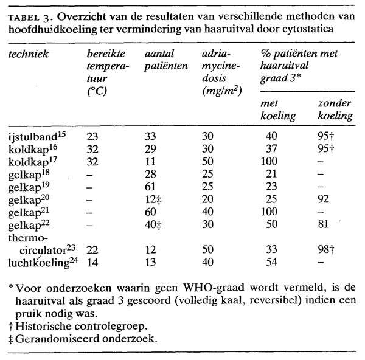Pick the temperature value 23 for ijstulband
click(92, 137)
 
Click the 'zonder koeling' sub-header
click(335, 109)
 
